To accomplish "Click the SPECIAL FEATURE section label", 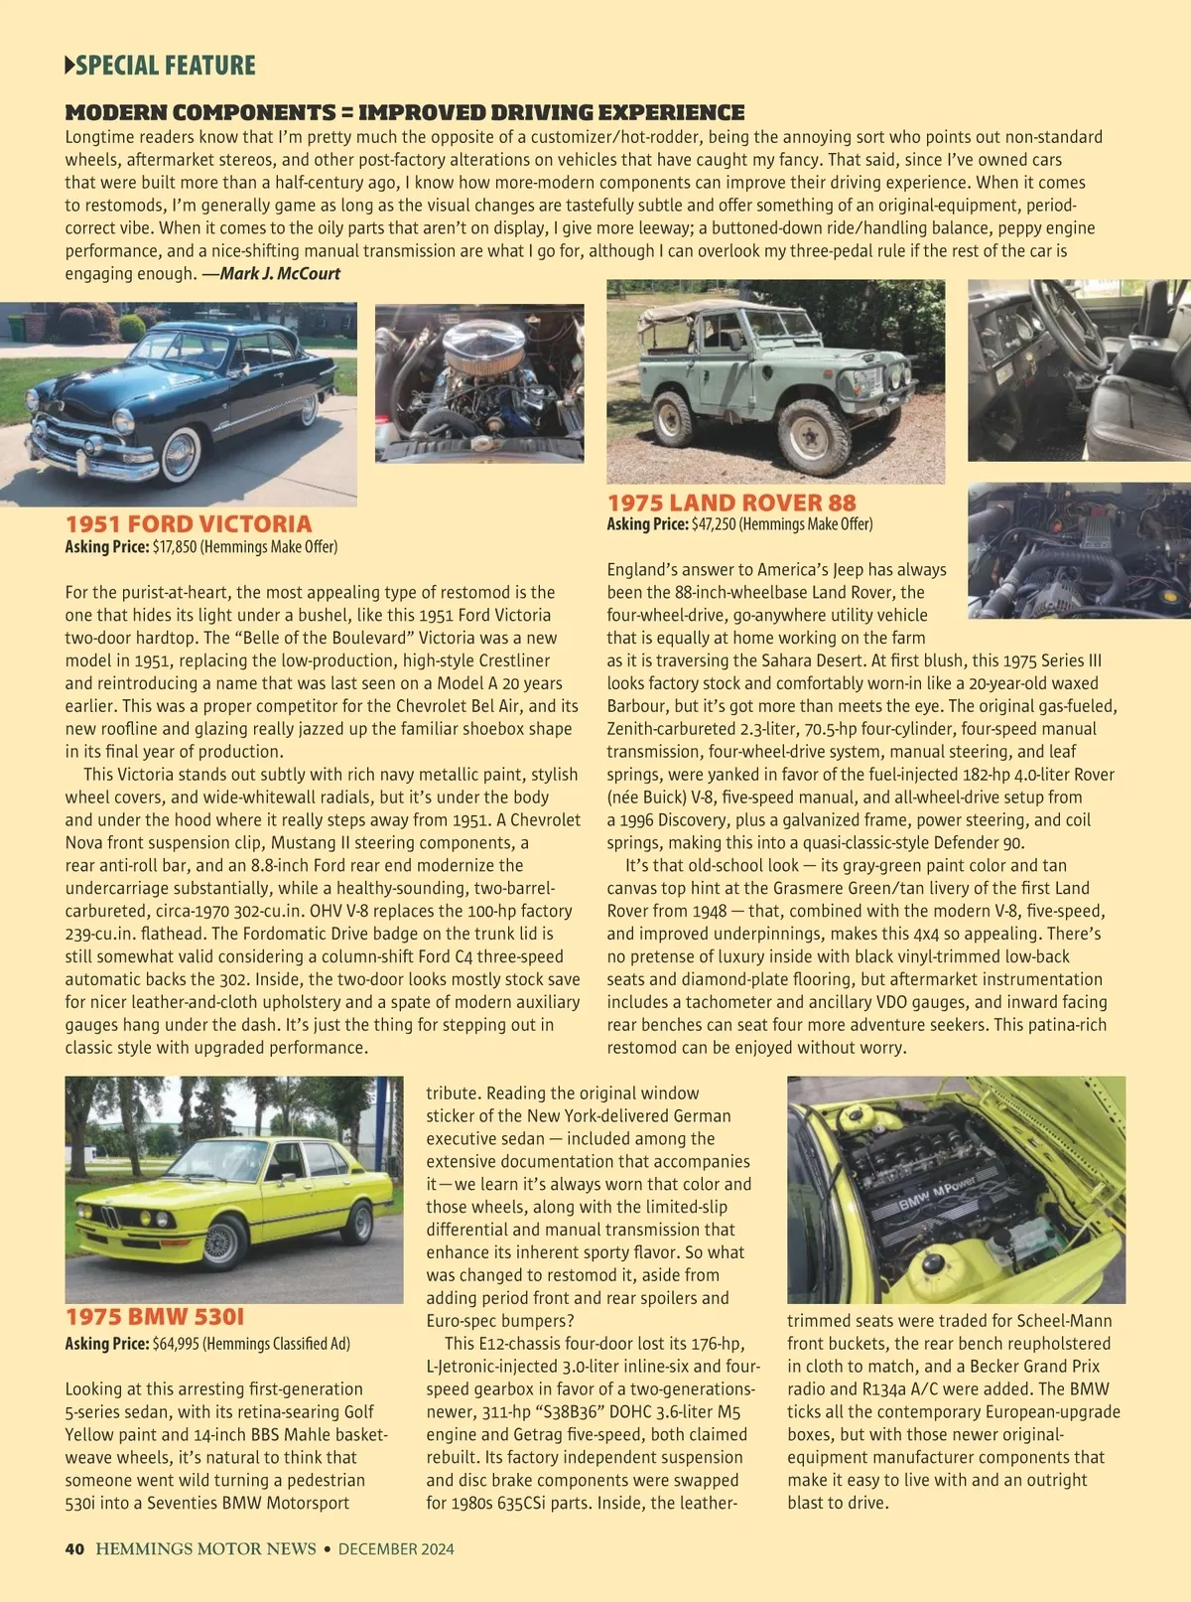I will click(x=165, y=66).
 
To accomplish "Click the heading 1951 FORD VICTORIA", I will click(x=189, y=523).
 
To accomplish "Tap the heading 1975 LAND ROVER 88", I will click(x=731, y=503).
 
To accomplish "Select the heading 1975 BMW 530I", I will click(x=155, y=1317).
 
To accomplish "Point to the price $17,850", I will click(x=175, y=547).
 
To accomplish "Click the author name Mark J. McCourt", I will click(x=280, y=274).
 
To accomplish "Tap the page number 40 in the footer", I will click(x=74, y=1548).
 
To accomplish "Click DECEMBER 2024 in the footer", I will click(x=396, y=1548).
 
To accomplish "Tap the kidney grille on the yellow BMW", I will click(x=110, y=1217).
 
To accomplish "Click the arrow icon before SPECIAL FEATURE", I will click(x=69, y=66).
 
